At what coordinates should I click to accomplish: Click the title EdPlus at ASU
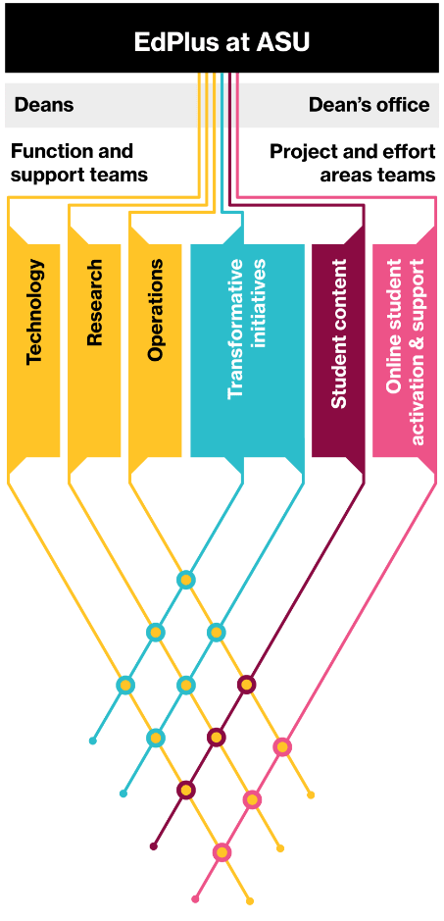[x=222, y=42]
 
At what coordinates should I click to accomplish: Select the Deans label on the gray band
[x=44, y=105]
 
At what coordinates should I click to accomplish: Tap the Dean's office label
[x=369, y=105]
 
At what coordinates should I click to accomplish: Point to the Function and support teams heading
[x=79, y=163]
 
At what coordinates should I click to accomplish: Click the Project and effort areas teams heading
[x=353, y=163]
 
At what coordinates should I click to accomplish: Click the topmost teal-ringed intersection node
[x=185, y=580]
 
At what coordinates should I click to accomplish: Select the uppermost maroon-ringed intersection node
[x=246, y=685]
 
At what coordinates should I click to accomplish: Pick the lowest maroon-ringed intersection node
[x=185, y=790]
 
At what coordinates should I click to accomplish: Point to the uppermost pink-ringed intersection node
[x=282, y=746]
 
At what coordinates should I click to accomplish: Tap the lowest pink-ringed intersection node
[x=222, y=851]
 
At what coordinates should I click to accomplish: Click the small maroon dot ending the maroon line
[x=154, y=846]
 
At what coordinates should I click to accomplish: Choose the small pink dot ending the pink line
[x=196, y=898]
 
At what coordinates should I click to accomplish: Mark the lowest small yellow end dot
[x=250, y=901]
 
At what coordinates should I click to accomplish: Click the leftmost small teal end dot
[x=93, y=741]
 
